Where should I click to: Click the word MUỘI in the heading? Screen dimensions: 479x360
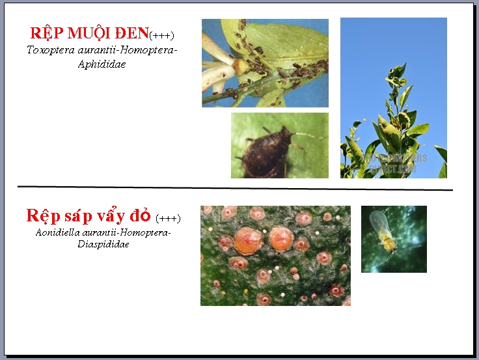[x=89, y=33]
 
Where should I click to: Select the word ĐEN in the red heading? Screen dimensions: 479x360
[x=131, y=33]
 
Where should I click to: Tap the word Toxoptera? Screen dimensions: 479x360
[x=51, y=50]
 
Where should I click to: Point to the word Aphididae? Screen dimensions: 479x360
[x=102, y=64]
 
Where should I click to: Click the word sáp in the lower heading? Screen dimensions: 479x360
[x=78, y=216]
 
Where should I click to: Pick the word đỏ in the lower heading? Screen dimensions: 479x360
[x=140, y=215]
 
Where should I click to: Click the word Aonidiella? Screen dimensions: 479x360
[x=58, y=232]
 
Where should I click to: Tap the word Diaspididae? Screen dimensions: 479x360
[x=103, y=244]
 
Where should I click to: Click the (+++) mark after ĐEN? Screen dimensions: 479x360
[x=161, y=35]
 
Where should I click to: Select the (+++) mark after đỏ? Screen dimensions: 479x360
[x=168, y=218]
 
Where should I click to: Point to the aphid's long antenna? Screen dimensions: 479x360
[x=309, y=135]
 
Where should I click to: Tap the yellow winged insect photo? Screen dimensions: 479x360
[x=394, y=239]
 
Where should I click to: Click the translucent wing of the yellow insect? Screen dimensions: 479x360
[x=379, y=223]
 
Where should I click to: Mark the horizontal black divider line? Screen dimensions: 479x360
[x=235, y=188]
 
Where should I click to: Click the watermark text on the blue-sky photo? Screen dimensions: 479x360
[x=394, y=163]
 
